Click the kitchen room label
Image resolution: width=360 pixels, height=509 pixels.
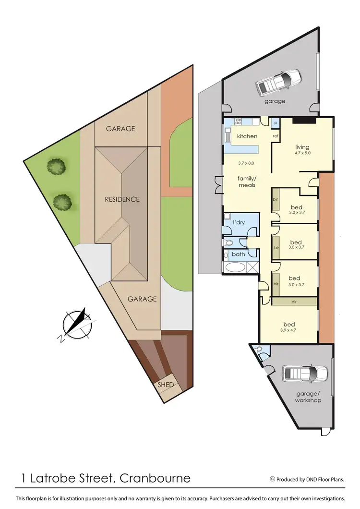pyautogui.click(x=248, y=136)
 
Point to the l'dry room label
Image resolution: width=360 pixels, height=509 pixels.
pyautogui.click(x=239, y=223)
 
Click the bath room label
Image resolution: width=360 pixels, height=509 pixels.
pyautogui.click(x=239, y=254)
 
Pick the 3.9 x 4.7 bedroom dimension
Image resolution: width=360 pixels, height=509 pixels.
pyautogui.click(x=295, y=330)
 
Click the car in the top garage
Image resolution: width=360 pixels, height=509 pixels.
pyautogui.click(x=278, y=82)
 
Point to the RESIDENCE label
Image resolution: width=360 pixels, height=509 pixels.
pyautogui.click(x=122, y=199)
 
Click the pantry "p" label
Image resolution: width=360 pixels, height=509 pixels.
pyautogui.click(x=276, y=123)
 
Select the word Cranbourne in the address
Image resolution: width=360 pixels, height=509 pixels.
pyautogui.click(x=155, y=478)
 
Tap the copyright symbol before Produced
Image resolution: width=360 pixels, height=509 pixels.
pyautogui.click(x=273, y=479)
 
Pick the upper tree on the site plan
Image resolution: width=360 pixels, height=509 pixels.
pyautogui.click(x=56, y=167)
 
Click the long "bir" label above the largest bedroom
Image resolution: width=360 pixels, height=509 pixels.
pyautogui.click(x=293, y=302)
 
